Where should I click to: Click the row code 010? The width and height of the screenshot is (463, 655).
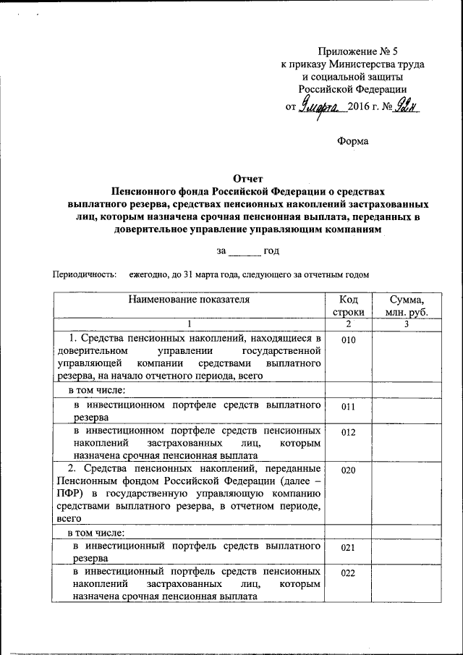pyautogui.click(x=348, y=339)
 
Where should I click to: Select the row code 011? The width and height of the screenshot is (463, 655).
pyautogui.click(x=348, y=407)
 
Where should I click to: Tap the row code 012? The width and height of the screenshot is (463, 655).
pyautogui.click(x=348, y=432)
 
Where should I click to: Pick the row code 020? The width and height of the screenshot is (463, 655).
pyautogui.click(x=348, y=470)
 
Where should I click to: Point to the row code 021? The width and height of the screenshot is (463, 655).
pyautogui.click(x=348, y=547)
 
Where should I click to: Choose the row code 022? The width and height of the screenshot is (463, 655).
pyautogui.click(x=348, y=574)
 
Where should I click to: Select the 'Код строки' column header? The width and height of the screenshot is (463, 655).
pyautogui.click(x=348, y=305)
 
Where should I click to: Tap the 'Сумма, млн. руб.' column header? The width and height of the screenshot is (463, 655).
pyautogui.click(x=407, y=305)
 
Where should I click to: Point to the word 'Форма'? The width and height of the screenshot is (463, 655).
pyautogui.click(x=353, y=141)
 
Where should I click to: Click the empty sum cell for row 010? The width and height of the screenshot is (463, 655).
pyautogui.click(x=407, y=356)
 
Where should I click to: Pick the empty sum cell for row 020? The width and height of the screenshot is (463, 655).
pyautogui.click(x=407, y=492)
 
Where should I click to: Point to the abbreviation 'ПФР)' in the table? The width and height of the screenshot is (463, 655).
pyautogui.click(x=68, y=494)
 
